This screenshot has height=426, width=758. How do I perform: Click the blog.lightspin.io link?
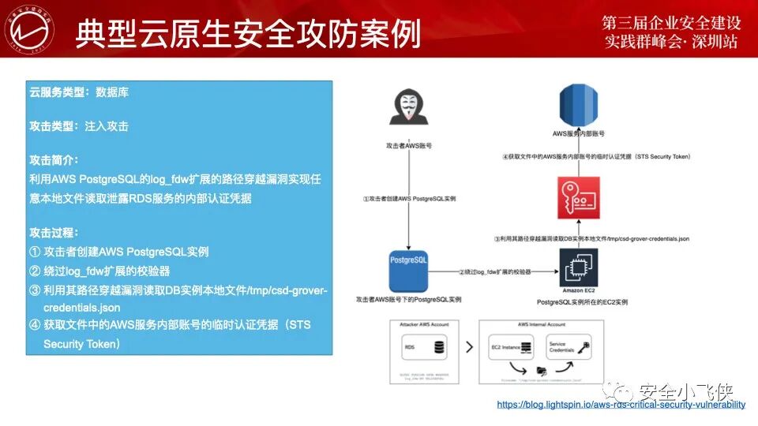point(621,405)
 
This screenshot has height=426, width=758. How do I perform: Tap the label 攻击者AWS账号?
point(407,146)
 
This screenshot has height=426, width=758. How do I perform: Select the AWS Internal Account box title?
point(542,325)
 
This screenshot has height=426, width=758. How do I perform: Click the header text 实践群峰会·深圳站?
point(670,42)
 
